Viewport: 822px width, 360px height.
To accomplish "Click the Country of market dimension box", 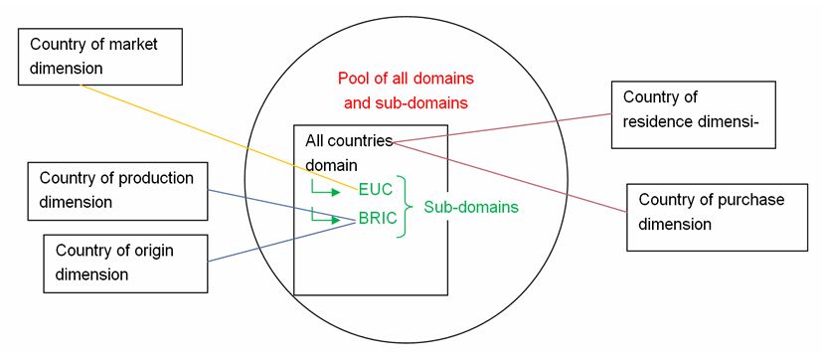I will click(x=99, y=57).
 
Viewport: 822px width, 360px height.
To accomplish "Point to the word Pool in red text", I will click(x=354, y=78).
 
